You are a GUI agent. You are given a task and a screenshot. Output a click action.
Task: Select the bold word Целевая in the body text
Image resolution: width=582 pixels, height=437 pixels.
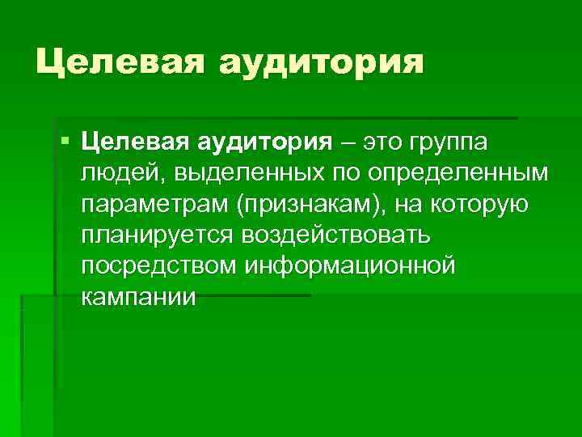(134, 142)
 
